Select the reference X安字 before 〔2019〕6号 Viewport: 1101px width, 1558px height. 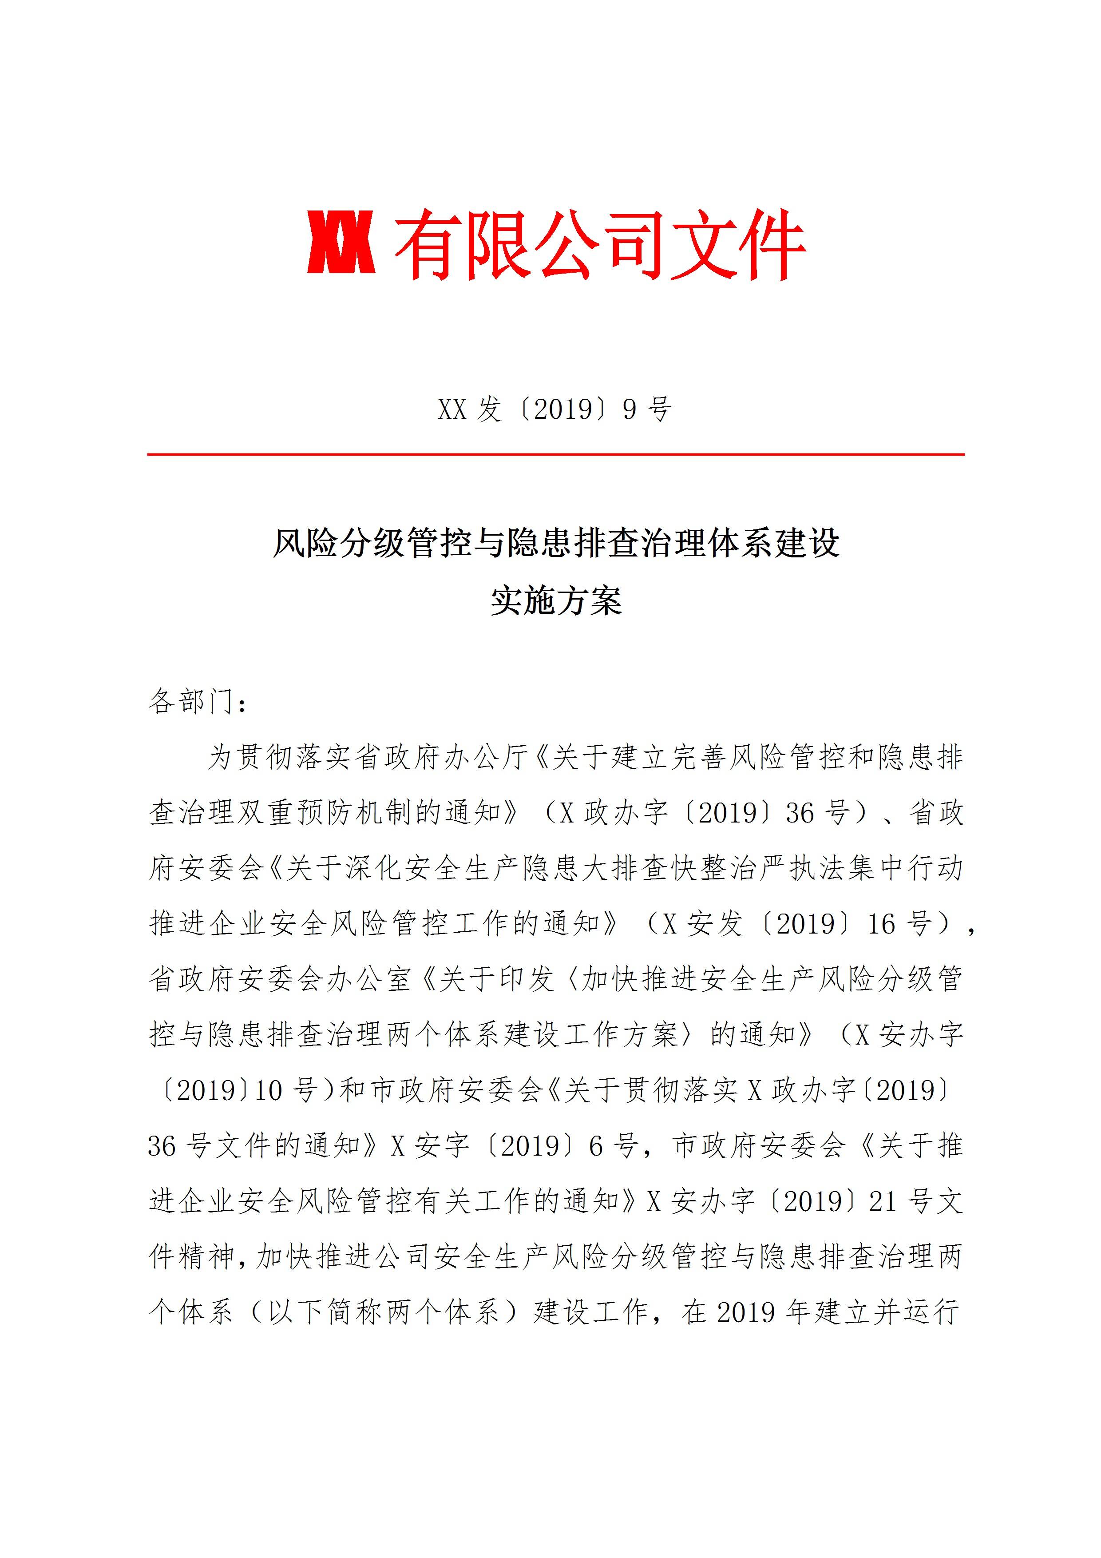tap(430, 1147)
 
